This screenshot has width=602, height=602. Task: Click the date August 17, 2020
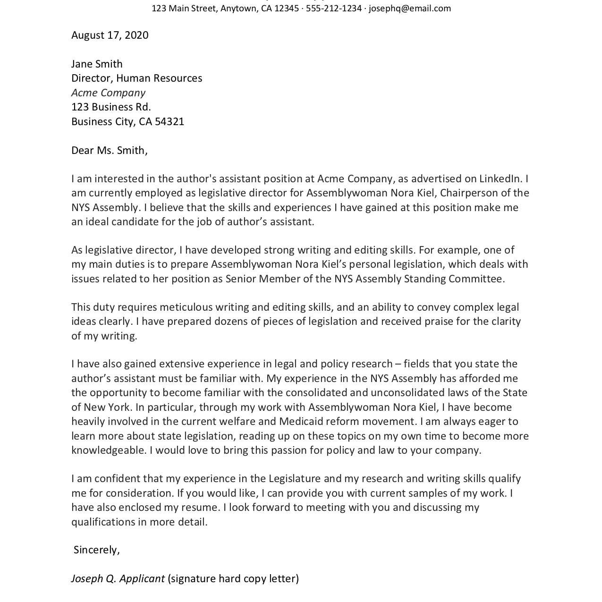pyautogui.click(x=110, y=35)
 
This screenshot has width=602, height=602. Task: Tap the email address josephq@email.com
pyautogui.click(x=409, y=8)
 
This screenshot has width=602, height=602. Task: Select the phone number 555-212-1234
pyautogui.click(x=333, y=8)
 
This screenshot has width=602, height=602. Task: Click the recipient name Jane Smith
pyautogui.click(x=97, y=64)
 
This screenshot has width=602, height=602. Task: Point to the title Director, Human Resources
pyautogui.click(x=136, y=78)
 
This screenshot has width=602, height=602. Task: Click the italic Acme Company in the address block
pyautogui.click(x=108, y=93)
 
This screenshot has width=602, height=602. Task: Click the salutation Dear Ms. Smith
pyautogui.click(x=109, y=151)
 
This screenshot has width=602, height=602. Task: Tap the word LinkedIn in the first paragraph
pyautogui.click(x=501, y=179)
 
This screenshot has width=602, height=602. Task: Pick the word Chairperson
pyautogui.click(x=475, y=193)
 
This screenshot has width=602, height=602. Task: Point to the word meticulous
pyautogui.click(x=186, y=307)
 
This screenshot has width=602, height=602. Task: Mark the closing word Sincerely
pyautogui.click(x=96, y=550)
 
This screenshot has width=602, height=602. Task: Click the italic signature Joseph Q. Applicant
pyautogui.click(x=118, y=579)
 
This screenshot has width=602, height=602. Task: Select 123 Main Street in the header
pyautogui.click(x=184, y=8)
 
